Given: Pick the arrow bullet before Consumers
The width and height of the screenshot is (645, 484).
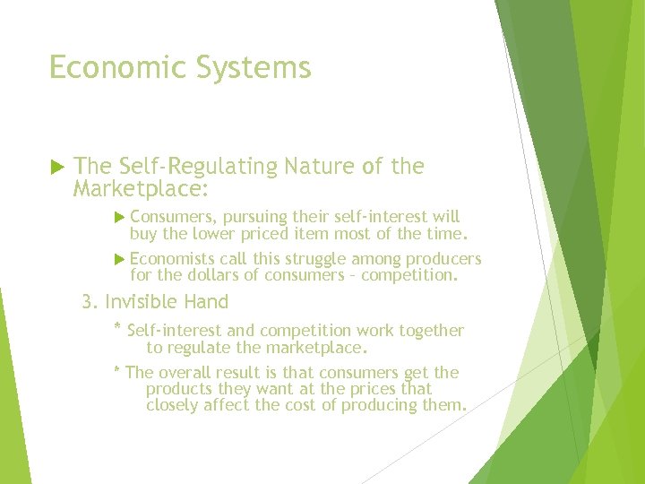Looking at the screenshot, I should [122, 217].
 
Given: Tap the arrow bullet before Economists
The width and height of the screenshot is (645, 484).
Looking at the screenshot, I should [122, 260].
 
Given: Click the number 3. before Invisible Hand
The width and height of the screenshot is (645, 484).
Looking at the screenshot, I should [90, 302].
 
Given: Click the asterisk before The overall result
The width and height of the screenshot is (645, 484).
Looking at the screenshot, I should [117, 370].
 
